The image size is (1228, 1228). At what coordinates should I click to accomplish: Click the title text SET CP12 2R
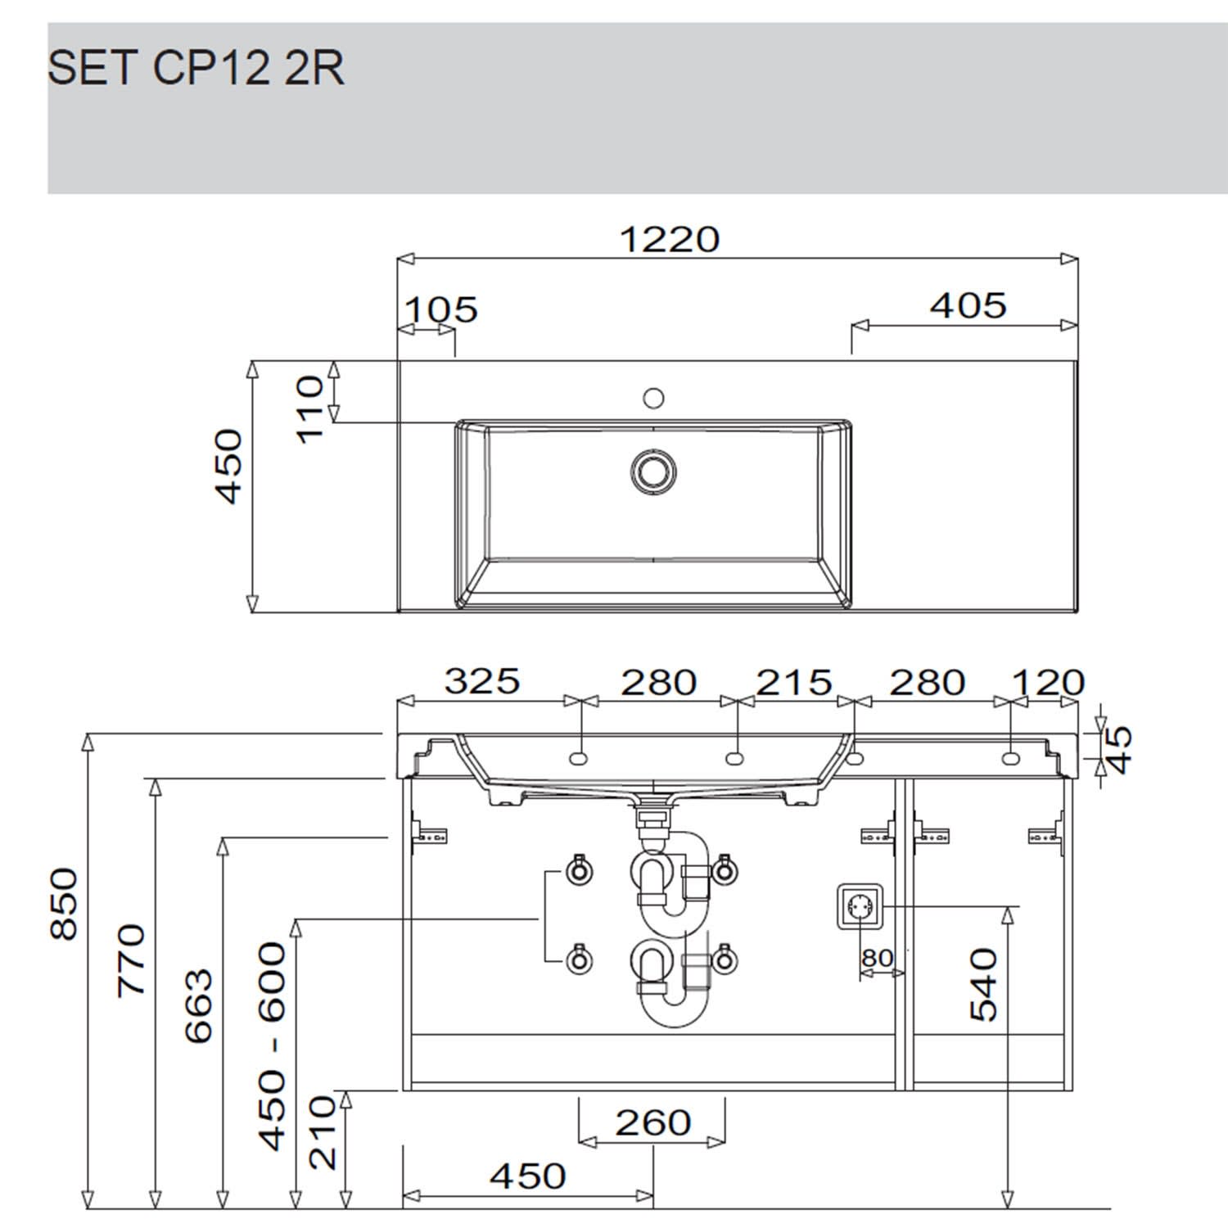[x=196, y=68]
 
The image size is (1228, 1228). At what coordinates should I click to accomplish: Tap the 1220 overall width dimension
[x=669, y=239]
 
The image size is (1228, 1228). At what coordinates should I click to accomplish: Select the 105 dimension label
[x=441, y=309]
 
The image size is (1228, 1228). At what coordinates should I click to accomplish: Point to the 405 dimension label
[x=968, y=305]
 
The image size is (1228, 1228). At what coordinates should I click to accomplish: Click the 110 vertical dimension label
[x=310, y=409]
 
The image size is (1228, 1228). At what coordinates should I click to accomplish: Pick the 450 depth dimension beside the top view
[x=228, y=466]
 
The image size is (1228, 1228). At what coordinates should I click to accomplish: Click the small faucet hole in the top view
[x=652, y=398]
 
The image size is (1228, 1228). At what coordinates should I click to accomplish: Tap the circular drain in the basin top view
[x=653, y=471]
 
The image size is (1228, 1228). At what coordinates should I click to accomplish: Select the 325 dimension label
[x=482, y=681]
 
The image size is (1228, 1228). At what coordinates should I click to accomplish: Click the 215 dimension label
[x=793, y=682]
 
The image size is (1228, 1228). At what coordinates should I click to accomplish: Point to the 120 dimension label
[x=1048, y=682]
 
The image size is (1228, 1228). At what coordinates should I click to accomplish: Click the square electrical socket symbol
[x=860, y=906]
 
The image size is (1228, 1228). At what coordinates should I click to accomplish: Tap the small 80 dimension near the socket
[x=877, y=958]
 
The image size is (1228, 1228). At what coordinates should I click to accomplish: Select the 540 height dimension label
[x=983, y=985]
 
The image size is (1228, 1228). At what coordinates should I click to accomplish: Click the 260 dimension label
[x=652, y=1122]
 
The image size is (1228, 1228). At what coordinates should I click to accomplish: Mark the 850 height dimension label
[x=64, y=905]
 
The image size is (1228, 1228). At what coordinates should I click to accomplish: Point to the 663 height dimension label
[x=198, y=1006]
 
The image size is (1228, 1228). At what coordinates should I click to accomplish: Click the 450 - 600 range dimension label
[x=273, y=1045]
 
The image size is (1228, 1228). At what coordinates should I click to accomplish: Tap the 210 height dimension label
[x=323, y=1133]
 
